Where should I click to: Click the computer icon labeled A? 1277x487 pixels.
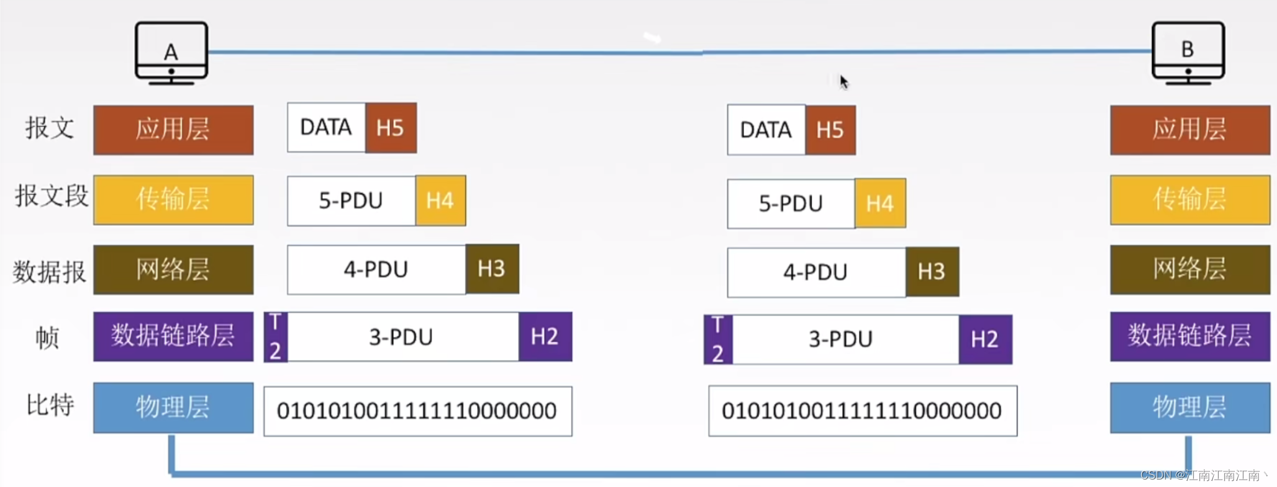coord(171,53)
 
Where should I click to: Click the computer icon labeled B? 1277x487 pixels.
coord(1188,53)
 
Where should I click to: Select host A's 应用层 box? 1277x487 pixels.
coord(173,130)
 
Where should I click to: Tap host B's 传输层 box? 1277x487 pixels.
coord(1190,200)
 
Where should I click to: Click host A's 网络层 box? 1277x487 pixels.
coord(173,269)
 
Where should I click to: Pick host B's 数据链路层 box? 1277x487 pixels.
coord(1190,336)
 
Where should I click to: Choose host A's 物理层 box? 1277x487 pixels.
coord(173,408)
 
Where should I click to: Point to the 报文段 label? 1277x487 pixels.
coord(52,196)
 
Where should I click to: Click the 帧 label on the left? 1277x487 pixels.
coord(47,337)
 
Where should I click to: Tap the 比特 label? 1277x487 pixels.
coord(50,405)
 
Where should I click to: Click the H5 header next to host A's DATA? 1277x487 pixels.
coord(391,128)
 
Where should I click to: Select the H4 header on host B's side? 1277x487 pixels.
coord(880,203)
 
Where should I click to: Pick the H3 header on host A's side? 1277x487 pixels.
coord(492,269)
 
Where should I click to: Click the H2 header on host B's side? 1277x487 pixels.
coord(985,339)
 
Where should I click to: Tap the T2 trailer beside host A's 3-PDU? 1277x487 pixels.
coord(276,337)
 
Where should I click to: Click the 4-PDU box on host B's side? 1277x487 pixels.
coord(816,272)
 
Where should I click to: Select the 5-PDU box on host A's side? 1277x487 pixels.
coord(352,201)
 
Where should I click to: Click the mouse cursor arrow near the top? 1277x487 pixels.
coord(844,82)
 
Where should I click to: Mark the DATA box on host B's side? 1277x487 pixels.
coord(766,130)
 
